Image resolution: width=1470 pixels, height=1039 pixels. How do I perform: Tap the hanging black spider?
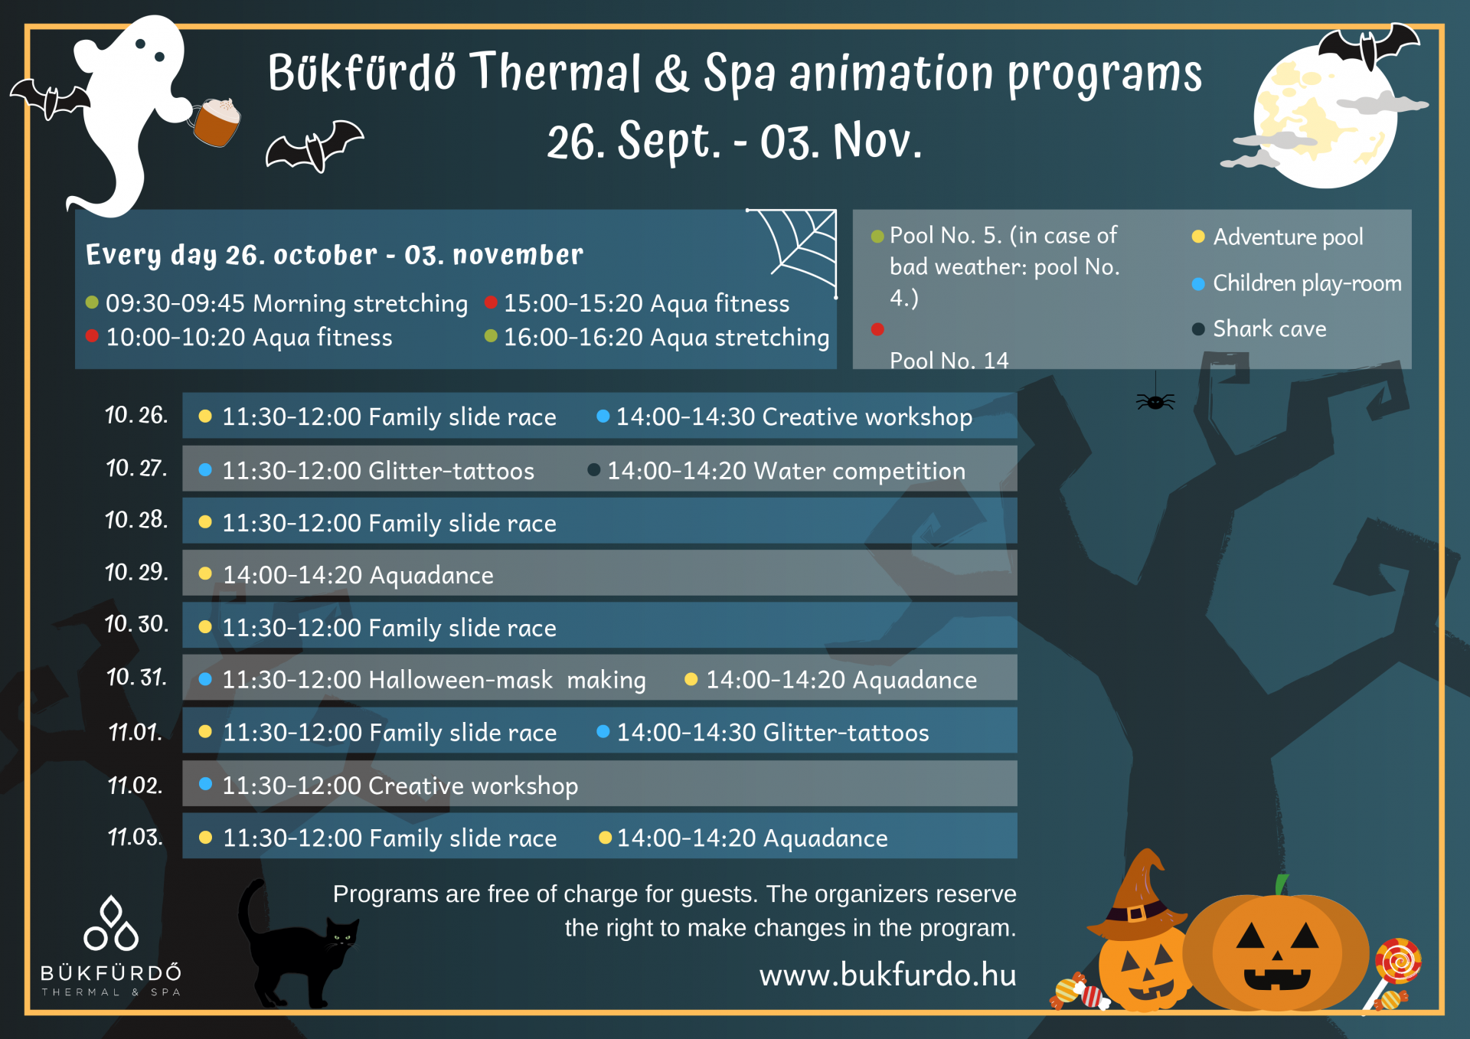(1155, 401)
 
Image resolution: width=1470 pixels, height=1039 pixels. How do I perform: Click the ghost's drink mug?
(216, 122)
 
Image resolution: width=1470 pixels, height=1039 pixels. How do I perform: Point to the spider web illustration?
(796, 249)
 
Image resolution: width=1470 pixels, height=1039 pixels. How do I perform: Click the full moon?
(1325, 115)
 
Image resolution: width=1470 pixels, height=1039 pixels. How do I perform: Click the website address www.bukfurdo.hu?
(888, 975)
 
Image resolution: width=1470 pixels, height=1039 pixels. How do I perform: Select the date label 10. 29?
(136, 572)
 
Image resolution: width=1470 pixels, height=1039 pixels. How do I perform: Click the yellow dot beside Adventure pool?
(1198, 237)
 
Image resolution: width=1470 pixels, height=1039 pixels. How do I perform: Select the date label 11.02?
(135, 786)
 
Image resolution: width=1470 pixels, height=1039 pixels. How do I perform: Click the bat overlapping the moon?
(1367, 46)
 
